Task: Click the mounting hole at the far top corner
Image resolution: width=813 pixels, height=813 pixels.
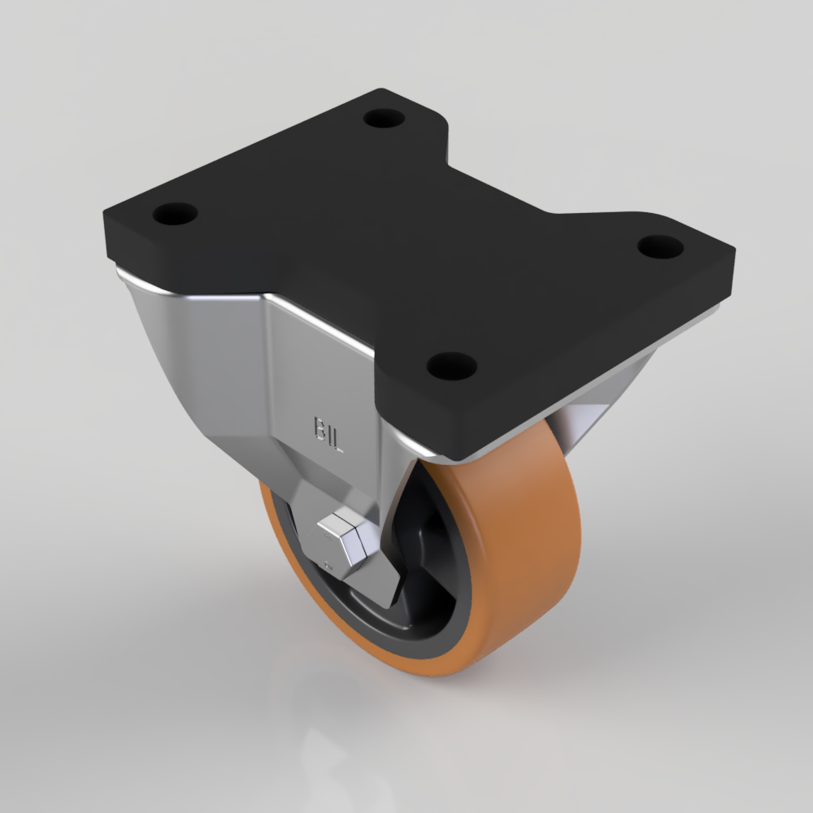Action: coord(384,119)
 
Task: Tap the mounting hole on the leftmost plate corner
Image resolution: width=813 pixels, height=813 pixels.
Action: coord(176,214)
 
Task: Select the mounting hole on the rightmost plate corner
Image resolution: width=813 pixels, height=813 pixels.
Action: coord(660,247)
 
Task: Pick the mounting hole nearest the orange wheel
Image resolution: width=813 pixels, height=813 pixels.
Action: coord(451,366)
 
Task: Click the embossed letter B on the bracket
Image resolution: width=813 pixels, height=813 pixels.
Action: coord(319,428)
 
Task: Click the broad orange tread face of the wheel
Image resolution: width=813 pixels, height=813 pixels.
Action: coord(524,550)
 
